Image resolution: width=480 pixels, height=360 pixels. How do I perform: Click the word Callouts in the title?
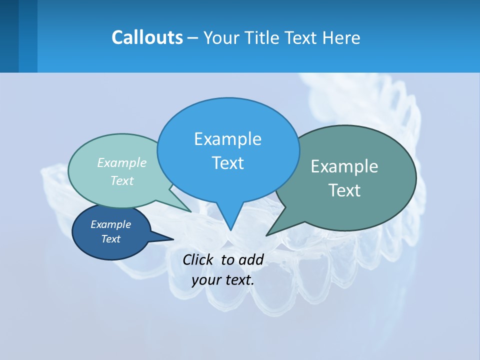(x=147, y=37)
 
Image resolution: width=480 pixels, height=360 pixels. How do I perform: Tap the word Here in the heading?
(x=342, y=37)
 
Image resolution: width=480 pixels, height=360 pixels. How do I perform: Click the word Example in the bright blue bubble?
(x=227, y=139)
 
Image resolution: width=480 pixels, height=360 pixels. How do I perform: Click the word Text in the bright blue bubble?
(x=227, y=163)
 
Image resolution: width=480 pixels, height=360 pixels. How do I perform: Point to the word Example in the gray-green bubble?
(x=344, y=166)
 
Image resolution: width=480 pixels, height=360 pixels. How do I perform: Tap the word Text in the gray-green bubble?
(x=344, y=190)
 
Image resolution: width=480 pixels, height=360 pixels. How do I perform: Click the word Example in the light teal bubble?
(x=122, y=162)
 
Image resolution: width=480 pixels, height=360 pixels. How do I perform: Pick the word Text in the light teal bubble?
(x=122, y=180)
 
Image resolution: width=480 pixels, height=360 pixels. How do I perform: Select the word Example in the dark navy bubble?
(x=110, y=224)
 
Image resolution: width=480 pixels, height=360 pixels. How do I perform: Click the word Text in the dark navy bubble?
(x=110, y=239)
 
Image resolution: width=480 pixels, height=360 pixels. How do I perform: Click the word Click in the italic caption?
(x=199, y=259)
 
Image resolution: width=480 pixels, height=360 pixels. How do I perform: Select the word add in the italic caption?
(x=251, y=259)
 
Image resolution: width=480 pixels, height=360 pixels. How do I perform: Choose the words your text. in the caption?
(x=223, y=279)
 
